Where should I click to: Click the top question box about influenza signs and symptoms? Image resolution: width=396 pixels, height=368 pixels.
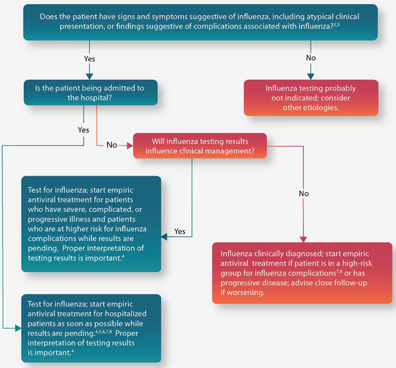click(200, 22)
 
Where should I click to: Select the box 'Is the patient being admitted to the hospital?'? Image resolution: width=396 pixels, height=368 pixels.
click(90, 93)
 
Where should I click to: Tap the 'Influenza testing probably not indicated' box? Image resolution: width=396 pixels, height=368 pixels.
click(311, 98)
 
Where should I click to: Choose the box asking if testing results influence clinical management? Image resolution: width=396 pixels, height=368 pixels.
click(200, 146)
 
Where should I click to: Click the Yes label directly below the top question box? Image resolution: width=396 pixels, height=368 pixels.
click(89, 59)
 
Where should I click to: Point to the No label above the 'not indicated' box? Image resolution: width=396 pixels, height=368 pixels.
click(311, 58)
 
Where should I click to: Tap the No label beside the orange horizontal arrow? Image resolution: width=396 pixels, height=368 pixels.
click(112, 145)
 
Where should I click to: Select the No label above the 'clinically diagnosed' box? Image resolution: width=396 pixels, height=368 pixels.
click(304, 193)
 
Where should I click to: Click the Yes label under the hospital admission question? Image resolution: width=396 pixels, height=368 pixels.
click(84, 130)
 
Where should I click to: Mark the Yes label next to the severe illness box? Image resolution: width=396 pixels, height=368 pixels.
click(180, 231)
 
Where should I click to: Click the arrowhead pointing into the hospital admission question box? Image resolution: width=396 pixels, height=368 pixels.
click(90, 76)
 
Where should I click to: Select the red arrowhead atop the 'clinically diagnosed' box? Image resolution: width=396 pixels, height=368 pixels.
click(303, 239)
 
